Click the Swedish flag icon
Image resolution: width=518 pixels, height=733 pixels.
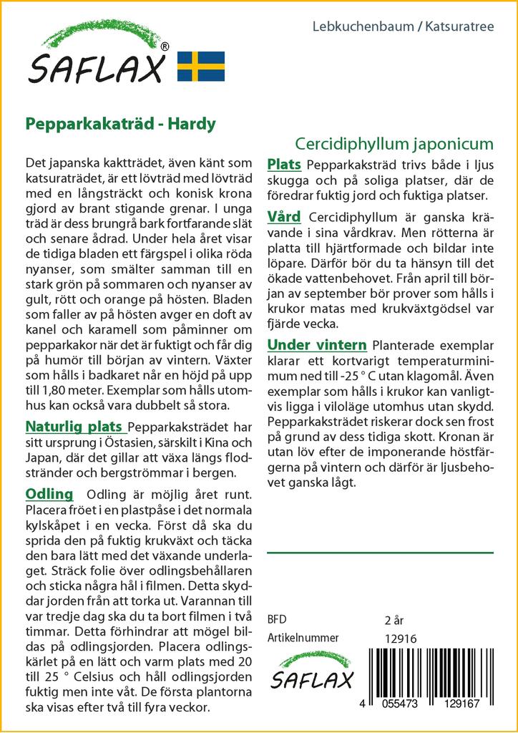click(x=201, y=66)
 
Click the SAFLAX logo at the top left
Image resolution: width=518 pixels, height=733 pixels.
click(x=97, y=57)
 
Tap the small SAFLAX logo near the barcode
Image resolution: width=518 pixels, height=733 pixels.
click(x=311, y=671)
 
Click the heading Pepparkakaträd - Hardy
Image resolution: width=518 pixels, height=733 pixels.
click(x=120, y=124)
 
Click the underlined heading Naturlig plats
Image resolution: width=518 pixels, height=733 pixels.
click(x=74, y=427)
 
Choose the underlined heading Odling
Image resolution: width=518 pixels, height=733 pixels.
click(x=49, y=494)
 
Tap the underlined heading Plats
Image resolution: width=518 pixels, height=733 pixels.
click(x=284, y=165)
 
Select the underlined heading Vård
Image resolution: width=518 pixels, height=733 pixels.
click(x=284, y=216)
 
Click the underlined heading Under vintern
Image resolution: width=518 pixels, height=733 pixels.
click(x=317, y=345)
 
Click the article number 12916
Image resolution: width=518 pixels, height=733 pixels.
click(x=400, y=639)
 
